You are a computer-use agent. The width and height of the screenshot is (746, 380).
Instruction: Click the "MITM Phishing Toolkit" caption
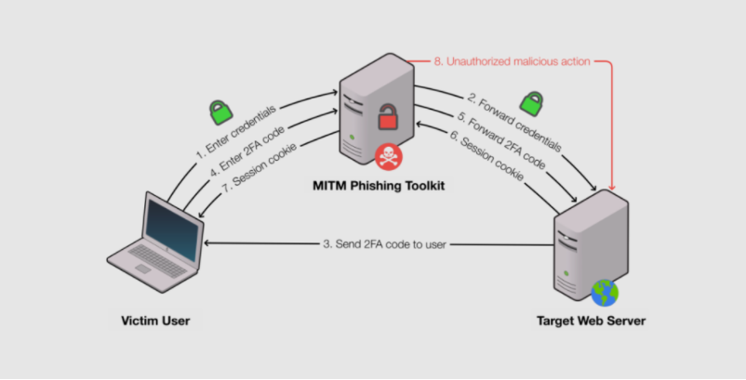[380, 188]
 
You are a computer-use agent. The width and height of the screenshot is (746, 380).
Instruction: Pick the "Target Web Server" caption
[591, 321]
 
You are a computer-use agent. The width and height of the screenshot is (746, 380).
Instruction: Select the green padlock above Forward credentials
[532, 101]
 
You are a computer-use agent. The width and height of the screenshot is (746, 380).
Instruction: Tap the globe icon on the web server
[605, 293]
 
